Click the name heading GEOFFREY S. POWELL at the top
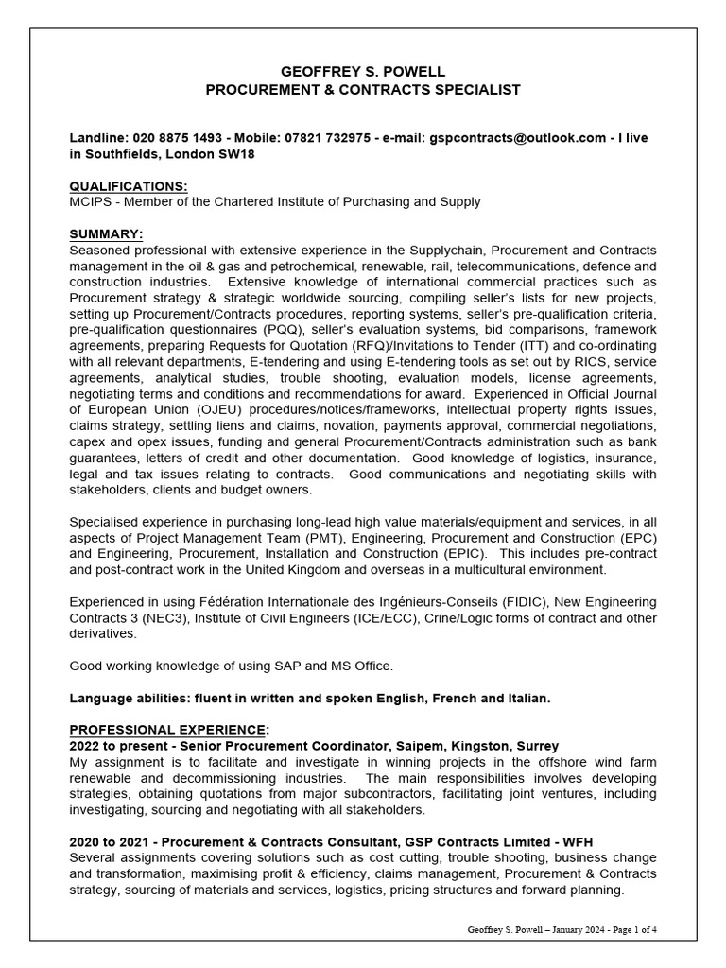[363, 72]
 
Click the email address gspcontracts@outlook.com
[517, 138]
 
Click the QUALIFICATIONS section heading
[129, 186]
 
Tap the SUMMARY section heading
[106, 233]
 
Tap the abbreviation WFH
[573, 842]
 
